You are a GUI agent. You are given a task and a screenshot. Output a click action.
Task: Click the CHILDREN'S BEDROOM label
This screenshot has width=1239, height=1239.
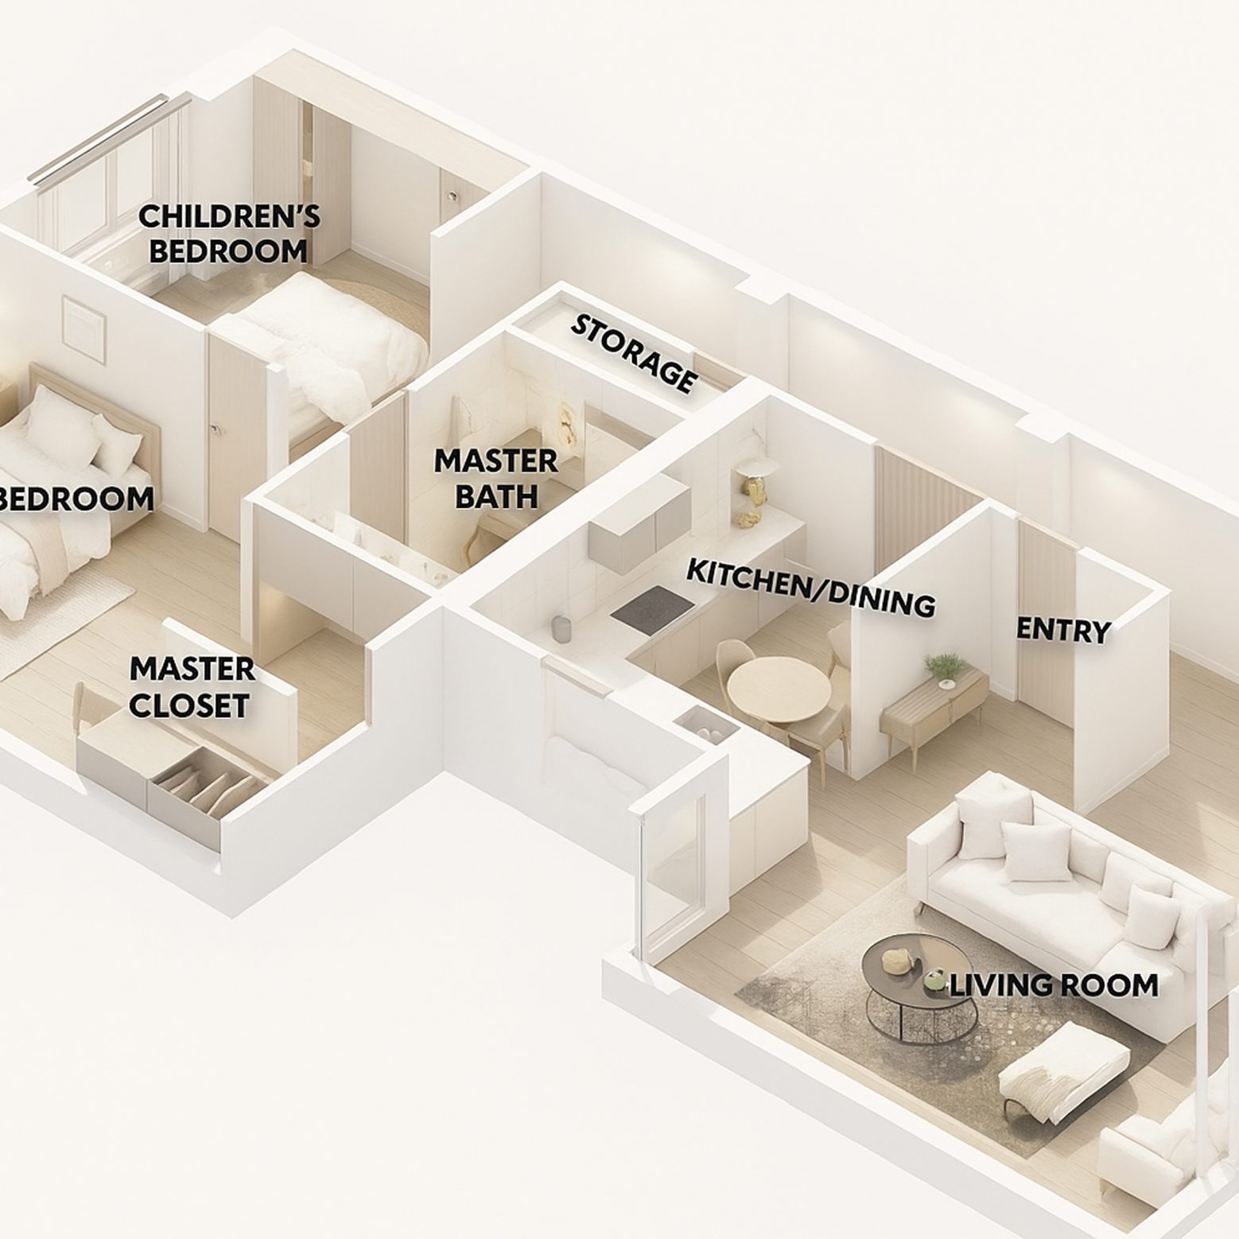coord(229,233)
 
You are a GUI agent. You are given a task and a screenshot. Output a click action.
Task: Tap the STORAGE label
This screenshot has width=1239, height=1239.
coord(634,353)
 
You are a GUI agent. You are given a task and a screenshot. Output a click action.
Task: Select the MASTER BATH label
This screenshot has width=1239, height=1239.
coord(495,478)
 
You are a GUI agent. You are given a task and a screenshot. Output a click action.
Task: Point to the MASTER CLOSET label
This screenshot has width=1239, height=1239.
coord(191,687)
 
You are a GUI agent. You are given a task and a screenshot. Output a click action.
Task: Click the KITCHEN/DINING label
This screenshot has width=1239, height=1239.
coord(810,588)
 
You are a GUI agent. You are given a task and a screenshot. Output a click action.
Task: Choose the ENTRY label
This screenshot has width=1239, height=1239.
coord(1064,630)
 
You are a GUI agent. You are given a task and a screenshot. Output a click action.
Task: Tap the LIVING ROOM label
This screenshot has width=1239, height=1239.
coord(1054,986)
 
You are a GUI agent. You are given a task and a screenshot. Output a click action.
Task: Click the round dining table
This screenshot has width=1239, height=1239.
coord(778,690)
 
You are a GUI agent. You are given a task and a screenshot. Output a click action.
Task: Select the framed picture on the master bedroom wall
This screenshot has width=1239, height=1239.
coord(84,325)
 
